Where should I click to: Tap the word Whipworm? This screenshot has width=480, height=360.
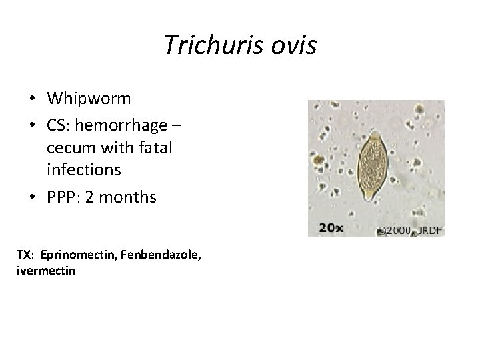(89, 99)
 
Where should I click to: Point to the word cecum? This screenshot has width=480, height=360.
(67, 147)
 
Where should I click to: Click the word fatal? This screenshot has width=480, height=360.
(153, 147)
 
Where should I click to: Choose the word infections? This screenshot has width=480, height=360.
(84, 170)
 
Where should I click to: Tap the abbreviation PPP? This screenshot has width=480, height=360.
(63, 197)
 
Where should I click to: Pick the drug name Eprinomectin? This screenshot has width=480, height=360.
(74, 255)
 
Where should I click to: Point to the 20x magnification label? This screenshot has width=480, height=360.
(331, 227)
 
